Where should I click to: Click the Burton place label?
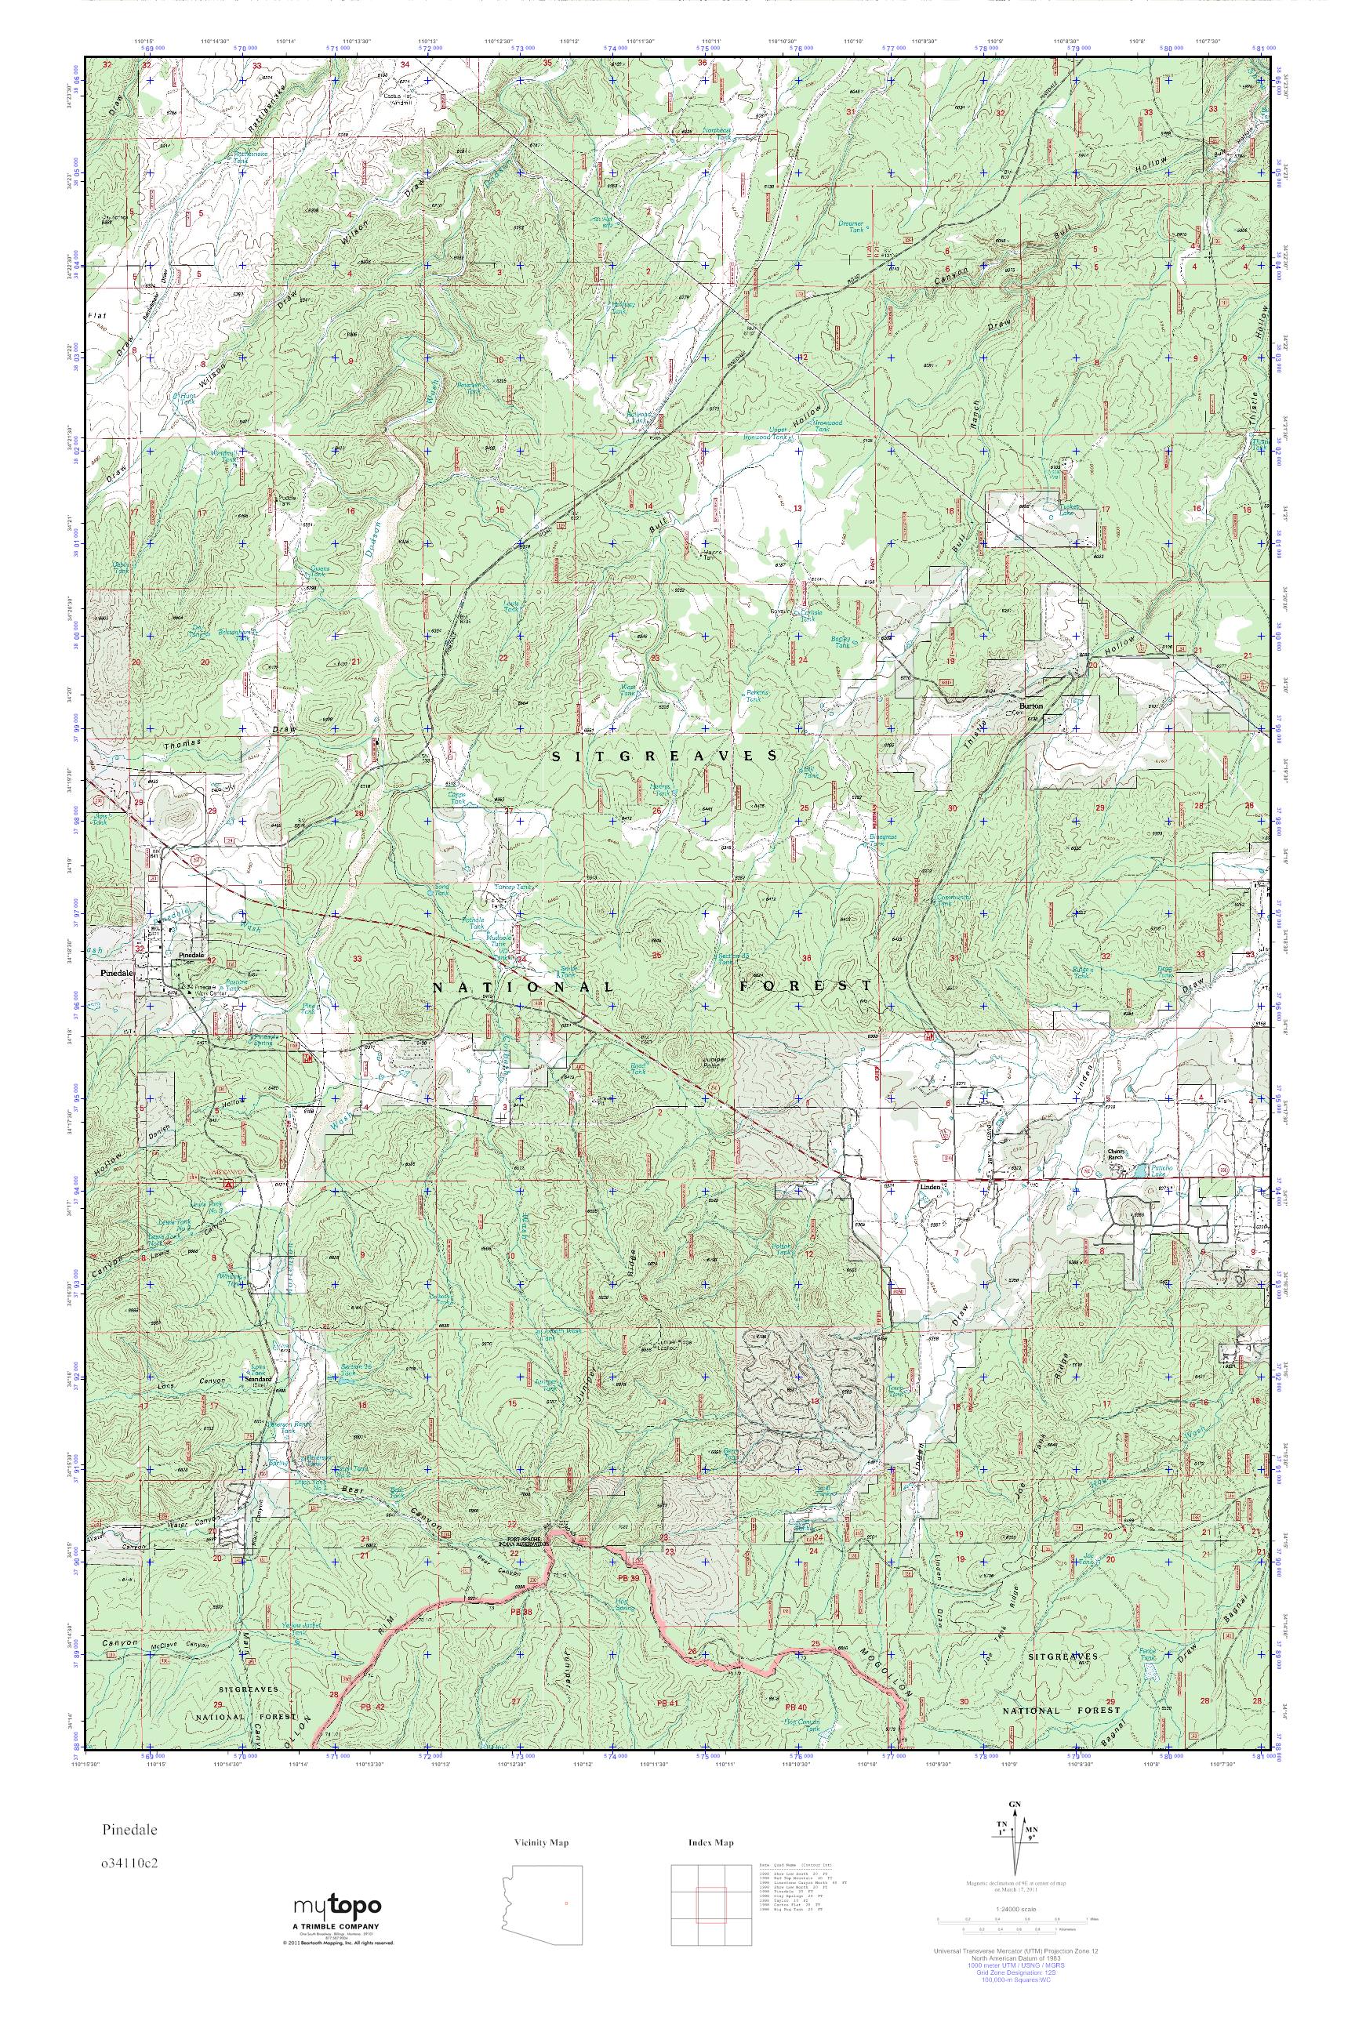click(x=1032, y=706)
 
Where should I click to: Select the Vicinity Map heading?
click(x=541, y=1844)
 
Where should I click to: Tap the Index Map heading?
click(x=711, y=1844)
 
